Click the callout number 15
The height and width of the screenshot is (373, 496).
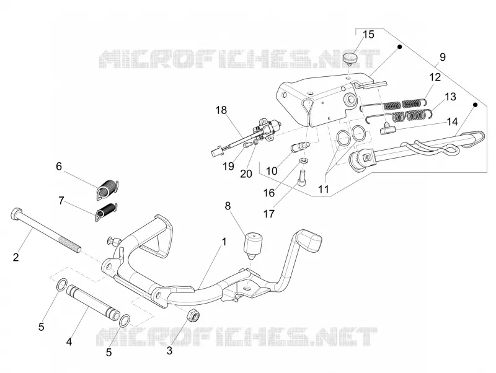pyautogui.click(x=368, y=35)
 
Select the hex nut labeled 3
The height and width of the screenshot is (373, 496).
pyautogui.click(x=193, y=316)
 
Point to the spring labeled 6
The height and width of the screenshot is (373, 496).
pyautogui.click(x=107, y=189)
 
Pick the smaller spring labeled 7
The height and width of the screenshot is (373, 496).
pyautogui.click(x=106, y=211)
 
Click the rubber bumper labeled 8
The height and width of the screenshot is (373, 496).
pyautogui.click(x=253, y=245)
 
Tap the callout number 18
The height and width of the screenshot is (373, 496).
pyautogui.click(x=221, y=110)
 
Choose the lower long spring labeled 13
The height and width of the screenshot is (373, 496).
pyautogui.click(x=399, y=115)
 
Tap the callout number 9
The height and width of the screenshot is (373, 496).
pyautogui.click(x=442, y=57)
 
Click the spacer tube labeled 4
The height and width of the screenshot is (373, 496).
pyautogui.click(x=93, y=301)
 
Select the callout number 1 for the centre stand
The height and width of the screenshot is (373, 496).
pyautogui.click(x=224, y=242)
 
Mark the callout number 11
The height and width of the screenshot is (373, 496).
pyautogui.click(x=323, y=190)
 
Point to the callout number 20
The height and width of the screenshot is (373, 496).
pyautogui.click(x=246, y=173)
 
